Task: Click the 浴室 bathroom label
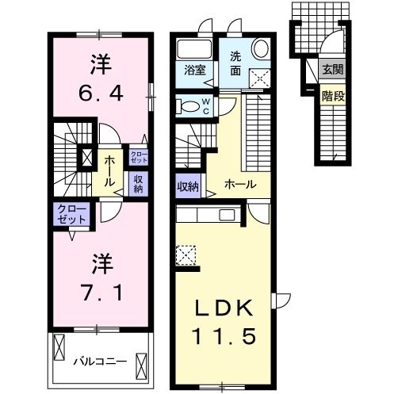click(195, 71)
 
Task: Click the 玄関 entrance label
click(333, 70)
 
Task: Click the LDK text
click(223, 308)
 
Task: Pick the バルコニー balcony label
click(101, 361)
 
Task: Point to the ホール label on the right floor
click(240, 184)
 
